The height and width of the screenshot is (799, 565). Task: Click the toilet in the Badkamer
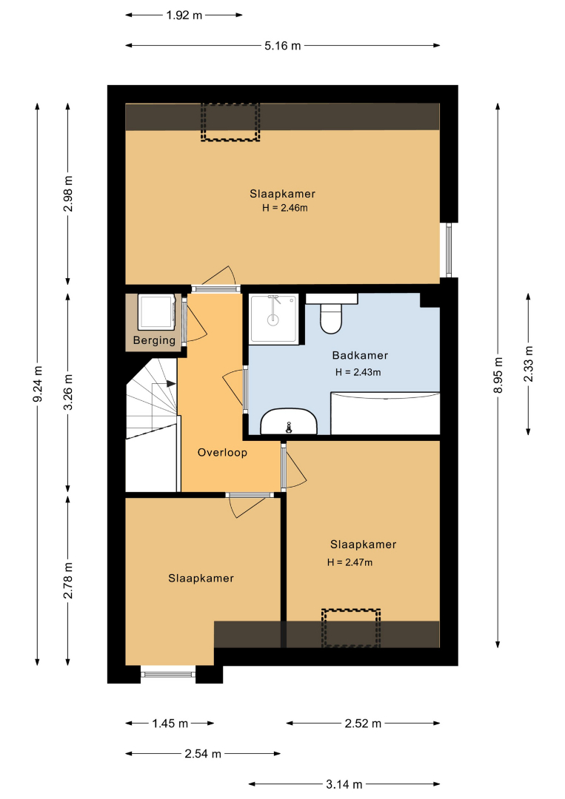pyautogui.click(x=331, y=314)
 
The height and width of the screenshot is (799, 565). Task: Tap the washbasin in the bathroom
pyautogui.click(x=289, y=422)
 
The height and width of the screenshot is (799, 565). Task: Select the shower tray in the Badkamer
pyautogui.click(x=274, y=319)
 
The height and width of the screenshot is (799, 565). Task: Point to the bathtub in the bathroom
pyautogui.click(x=385, y=414)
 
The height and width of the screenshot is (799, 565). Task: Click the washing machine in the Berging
pyautogui.click(x=157, y=312)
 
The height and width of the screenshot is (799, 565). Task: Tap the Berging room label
pyautogui.click(x=154, y=340)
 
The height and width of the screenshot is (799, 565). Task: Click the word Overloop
pyautogui.click(x=222, y=453)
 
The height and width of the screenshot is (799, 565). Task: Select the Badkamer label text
pyautogui.click(x=360, y=355)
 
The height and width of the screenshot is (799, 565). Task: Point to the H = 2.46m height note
pyautogui.click(x=285, y=208)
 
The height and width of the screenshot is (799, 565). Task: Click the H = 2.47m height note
pyautogui.click(x=350, y=562)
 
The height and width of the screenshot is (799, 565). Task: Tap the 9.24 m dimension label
pyautogui.click(x=37, y=384)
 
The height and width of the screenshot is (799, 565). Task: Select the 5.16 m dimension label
pyautogui.click(x=283, y=46)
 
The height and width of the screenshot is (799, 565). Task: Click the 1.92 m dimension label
pyautogui.click(x=184, y=16)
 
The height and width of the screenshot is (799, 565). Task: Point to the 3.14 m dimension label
pyautogui.click(x=344, y=784)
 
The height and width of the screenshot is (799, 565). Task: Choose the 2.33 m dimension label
pyautogui.click(x=528, y=364)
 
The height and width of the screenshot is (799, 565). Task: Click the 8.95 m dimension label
pyautogui.click(x=498, y=375)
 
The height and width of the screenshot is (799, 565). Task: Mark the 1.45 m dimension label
pyautogui.click(x=170, y=724)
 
